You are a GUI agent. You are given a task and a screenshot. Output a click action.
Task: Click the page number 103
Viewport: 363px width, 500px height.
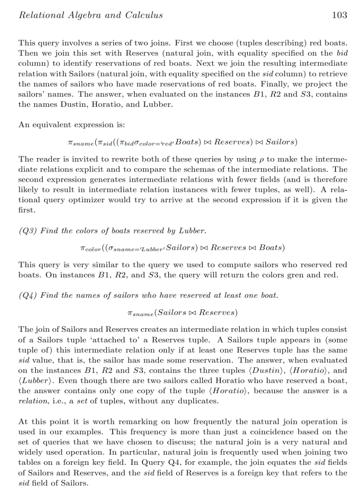click(x=339, y=15)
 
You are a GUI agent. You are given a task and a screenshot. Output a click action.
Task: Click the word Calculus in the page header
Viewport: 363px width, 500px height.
click(x=143, y=15)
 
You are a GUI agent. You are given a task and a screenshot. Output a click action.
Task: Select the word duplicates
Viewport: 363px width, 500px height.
click(x=197, y=401)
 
